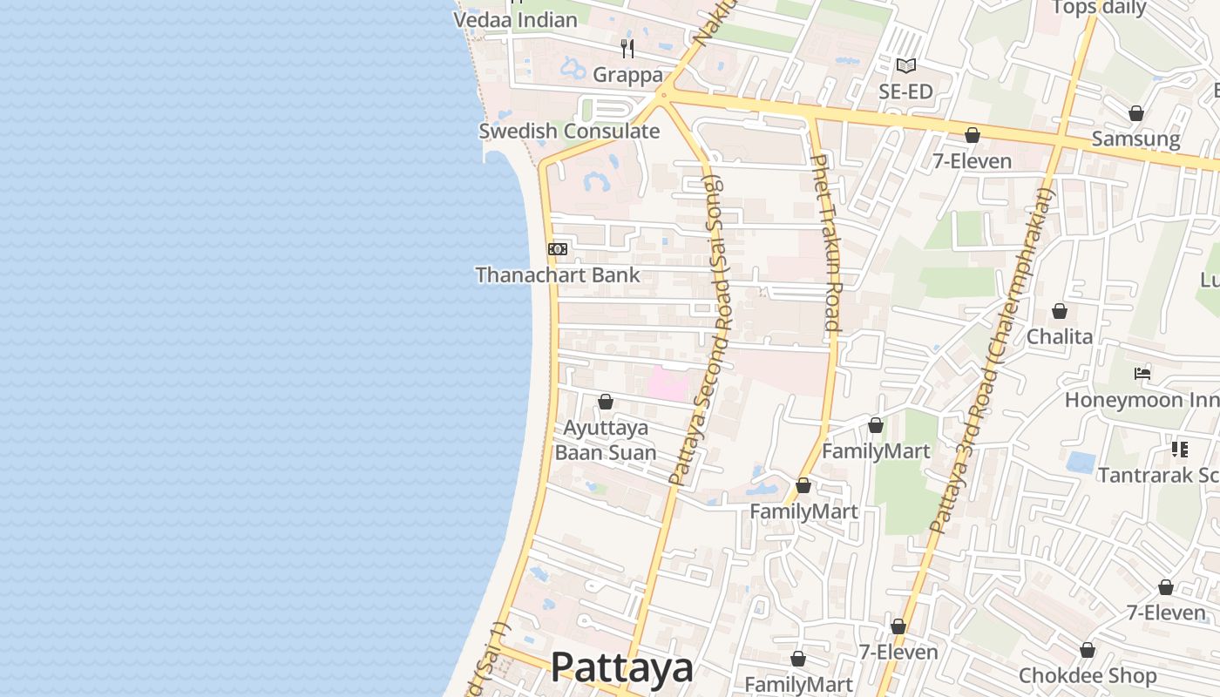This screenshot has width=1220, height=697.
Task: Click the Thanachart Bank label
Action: click(x=558, y=275)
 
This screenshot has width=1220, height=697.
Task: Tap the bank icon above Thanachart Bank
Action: click(x=558, y=249)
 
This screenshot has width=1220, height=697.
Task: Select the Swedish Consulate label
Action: click(x=569, y=132)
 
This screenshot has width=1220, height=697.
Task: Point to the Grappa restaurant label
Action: click(x=627, y=75)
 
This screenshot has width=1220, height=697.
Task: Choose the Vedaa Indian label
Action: click(x=516, y=20)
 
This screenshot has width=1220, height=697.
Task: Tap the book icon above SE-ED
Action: click(x=906, y=65)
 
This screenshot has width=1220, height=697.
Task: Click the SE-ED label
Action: click(x=906, y=91)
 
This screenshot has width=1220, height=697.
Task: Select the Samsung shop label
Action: click(x=1135, y=139)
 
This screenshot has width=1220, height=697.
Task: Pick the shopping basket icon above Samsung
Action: click(x=1135, y=113)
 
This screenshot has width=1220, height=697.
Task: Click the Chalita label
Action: click(x=1059, y=336)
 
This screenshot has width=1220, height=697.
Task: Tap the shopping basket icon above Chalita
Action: click(x=1060, y=311)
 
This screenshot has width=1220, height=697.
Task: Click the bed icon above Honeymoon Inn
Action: click(x=1142, y=374)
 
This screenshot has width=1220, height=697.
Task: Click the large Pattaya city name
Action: click(x=622, y=668)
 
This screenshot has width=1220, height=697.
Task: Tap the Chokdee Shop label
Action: click(x=1088, y=676)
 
